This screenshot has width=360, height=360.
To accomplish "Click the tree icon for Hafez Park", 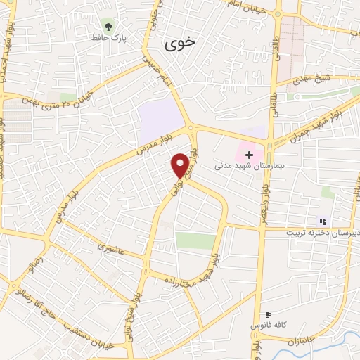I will [107, 25].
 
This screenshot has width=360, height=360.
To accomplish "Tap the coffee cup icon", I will [268, 315].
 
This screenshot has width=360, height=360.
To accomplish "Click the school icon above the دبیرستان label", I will [323, 221].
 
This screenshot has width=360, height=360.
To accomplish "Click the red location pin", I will [181, 165].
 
